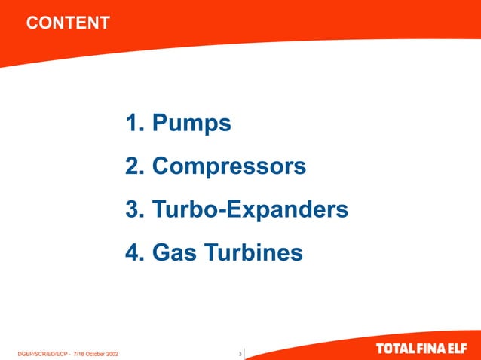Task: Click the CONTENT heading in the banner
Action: (68, 23)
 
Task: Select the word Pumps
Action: (191, 122)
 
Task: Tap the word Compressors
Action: (229, 166)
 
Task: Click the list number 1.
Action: (133, 122)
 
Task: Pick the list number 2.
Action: (133, 166)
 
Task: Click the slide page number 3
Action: (240, 353)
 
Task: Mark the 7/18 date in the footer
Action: (78, 353)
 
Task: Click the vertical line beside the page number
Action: (244, 353)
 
